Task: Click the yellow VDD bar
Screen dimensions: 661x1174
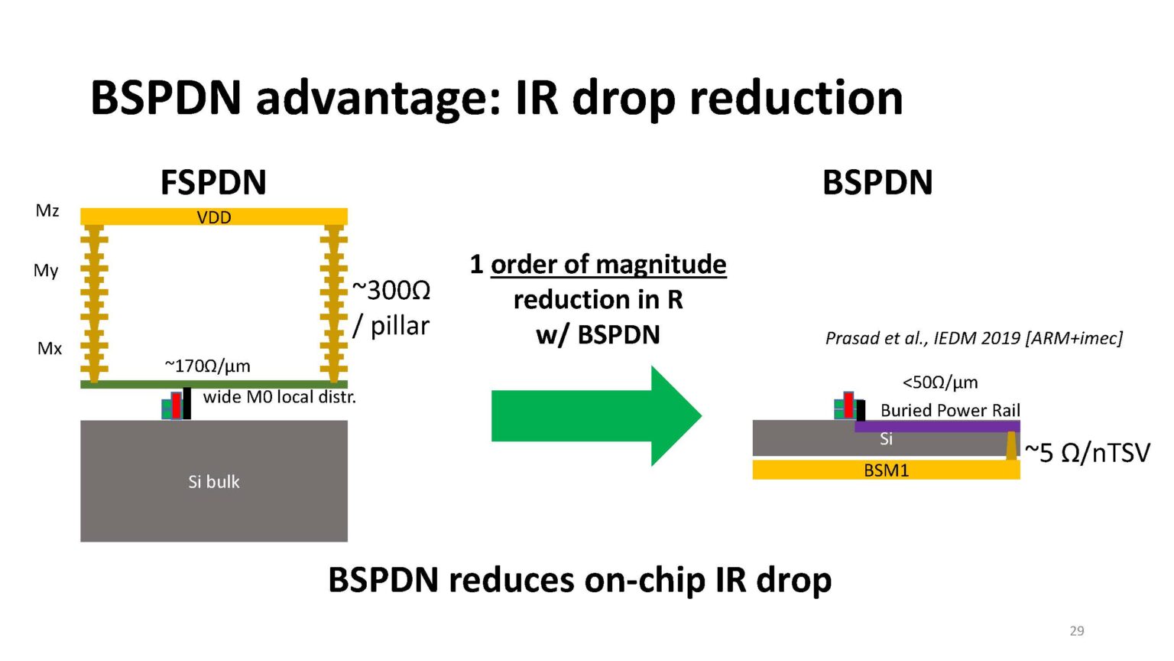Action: point(214,217)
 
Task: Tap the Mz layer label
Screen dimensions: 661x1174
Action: point(47,210)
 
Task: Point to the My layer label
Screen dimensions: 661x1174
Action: point(46,271)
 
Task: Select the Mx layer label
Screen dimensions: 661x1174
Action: point(50,349)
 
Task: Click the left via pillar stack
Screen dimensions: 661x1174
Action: point(94,303)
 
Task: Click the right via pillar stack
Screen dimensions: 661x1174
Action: point(334,303)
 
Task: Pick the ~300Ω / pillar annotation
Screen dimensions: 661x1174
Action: point(391,308)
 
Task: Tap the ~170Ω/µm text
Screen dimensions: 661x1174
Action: point(208,366)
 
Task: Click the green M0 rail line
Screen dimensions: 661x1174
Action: point(214,384)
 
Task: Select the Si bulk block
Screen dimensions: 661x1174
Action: point(214,481)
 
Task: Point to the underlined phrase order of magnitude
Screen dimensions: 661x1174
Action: point(608,265)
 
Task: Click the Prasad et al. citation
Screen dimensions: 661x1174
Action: point(974,338)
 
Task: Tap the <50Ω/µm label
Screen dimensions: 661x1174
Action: point(940,382)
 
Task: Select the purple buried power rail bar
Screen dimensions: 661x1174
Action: point(937,426)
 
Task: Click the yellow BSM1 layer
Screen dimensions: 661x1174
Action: point(886,470)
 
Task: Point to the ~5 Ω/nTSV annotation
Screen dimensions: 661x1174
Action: point(1087,453)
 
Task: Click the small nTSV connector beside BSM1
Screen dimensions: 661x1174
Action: point(1011,445)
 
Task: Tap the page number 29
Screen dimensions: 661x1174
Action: point(1076,630)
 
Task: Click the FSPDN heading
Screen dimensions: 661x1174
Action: point(213,183)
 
